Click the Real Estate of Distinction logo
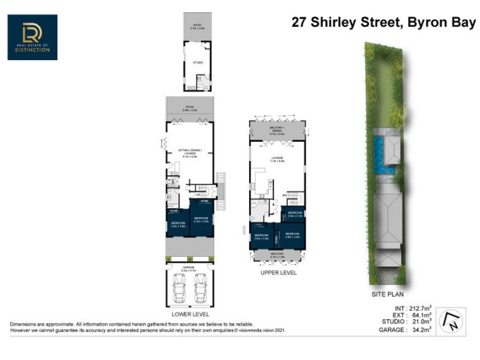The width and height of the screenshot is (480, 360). pyautogui.click(x=33, y=37)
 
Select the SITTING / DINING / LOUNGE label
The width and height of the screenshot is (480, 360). pyautogui.click(x=190, y=153)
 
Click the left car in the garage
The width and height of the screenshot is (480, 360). pyautogui.click(x=179, y=289)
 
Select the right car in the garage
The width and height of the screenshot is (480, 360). pyautogui.click(x=200, y=289)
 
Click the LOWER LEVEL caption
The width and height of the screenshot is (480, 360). pyautogui.click(x=190, y=314)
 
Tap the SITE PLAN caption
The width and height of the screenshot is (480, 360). pyautogui.click(x=388, y=295)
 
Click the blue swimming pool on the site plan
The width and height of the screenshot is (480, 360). pyautogui.click(x=379, y=154)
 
